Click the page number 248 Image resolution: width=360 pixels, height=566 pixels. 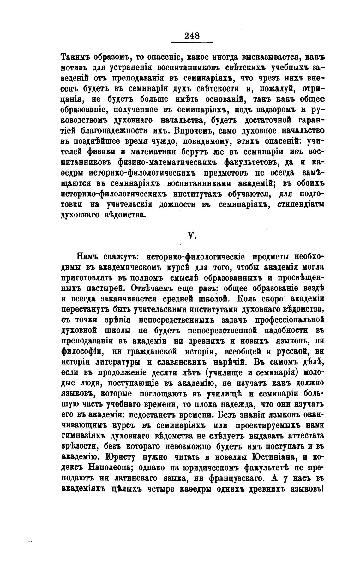coord(192,36)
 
